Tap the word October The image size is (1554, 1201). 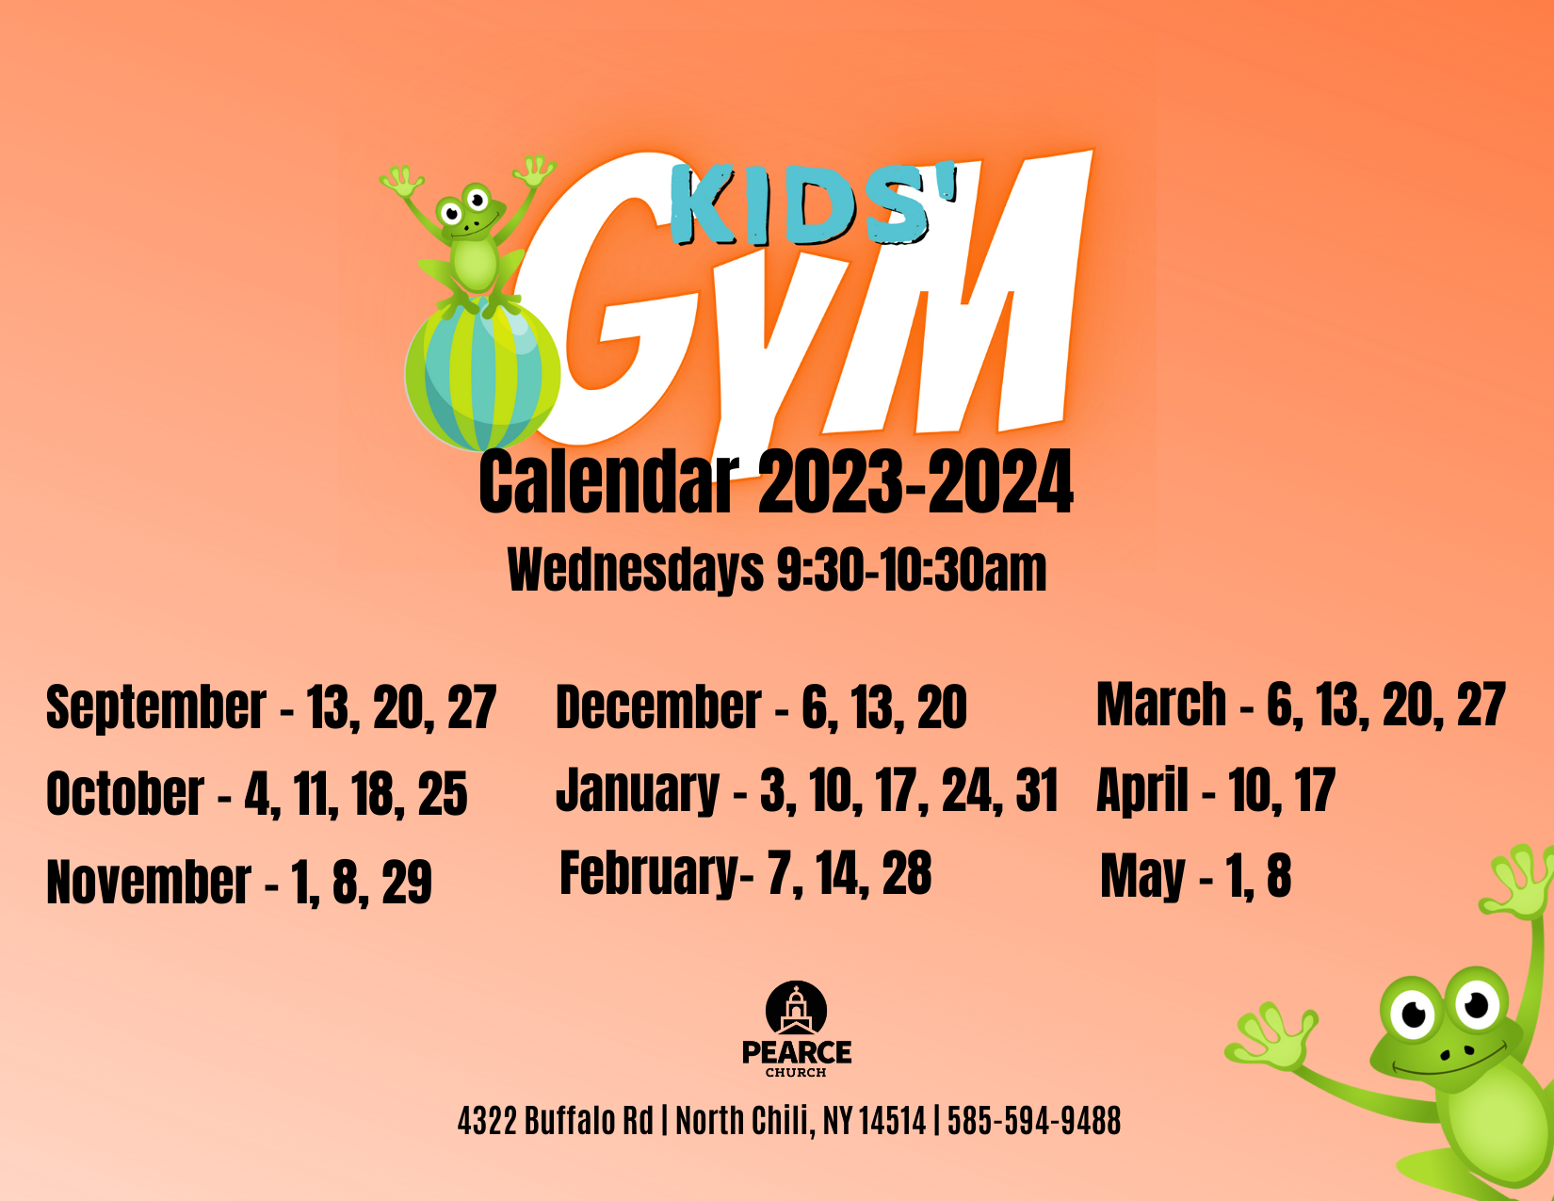(125, 793)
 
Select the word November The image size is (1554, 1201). (149, 882)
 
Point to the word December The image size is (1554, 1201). (658, 706)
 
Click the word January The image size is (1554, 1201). (638, 790)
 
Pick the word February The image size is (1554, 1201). (649, 874)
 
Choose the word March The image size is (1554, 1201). (1161, 704)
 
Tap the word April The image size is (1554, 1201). (1142, 789)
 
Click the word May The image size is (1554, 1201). (1142, 877)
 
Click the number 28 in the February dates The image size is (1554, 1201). (907, 872)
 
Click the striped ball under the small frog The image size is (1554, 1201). (483, 374)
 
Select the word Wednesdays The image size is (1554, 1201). (636, 570)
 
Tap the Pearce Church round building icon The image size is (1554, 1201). (796, 1008)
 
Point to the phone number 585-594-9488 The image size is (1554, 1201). (1034, 1120)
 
